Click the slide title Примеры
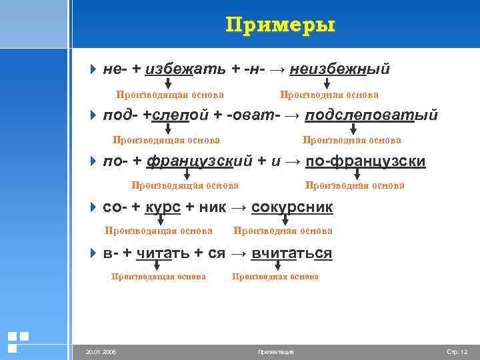[280, 25]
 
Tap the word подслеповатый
[371, 115]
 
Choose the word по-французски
[365, 161]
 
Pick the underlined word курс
[163, 207]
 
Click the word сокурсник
[292, 207]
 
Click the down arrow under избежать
[167, 83]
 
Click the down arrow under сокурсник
[285, 220]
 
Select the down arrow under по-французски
[357, 174]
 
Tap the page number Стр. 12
[457, 351]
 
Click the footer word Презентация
[275, 351]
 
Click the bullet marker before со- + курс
[93, 207]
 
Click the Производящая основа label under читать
[159, 276]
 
